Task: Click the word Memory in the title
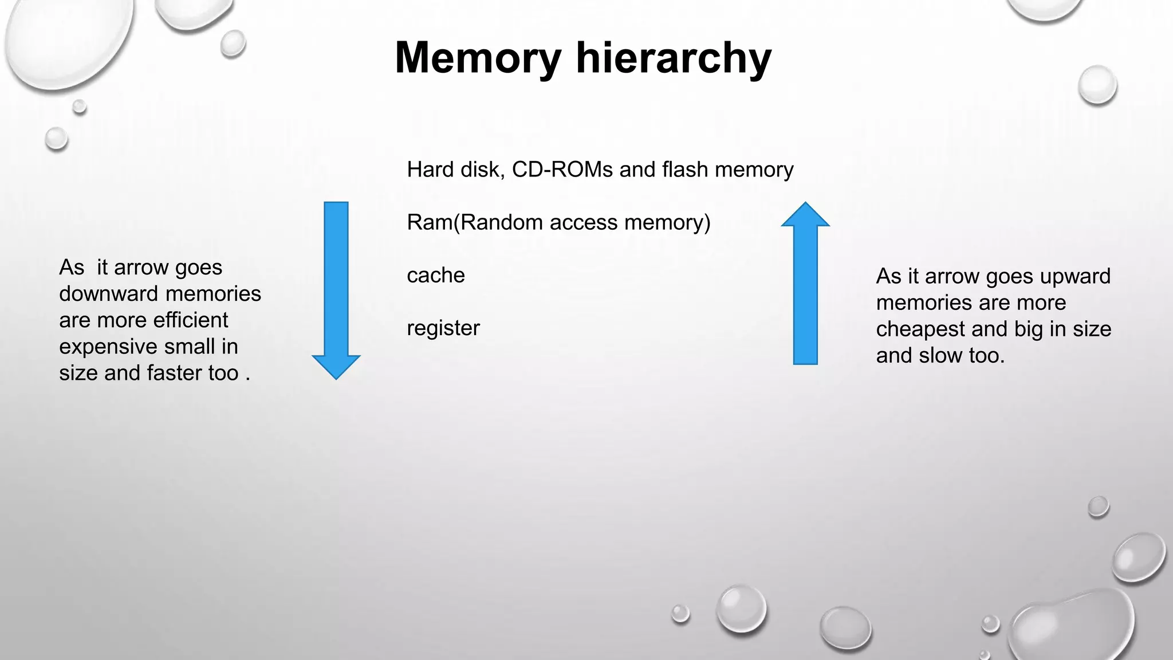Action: [478, 58]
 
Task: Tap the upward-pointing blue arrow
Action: [805, 292]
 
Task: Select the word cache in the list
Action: [435, 276]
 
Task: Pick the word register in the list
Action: [443, 328]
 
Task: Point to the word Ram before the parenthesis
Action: [429, 222]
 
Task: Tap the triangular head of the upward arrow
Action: [805, 215]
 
